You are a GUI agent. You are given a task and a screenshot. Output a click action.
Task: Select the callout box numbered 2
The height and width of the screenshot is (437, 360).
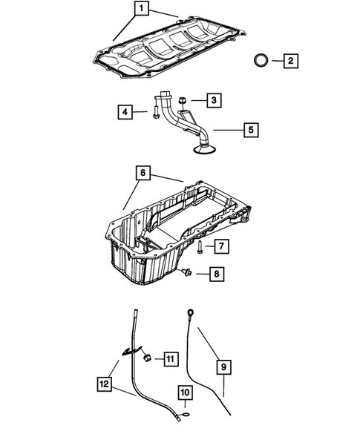[291, 60]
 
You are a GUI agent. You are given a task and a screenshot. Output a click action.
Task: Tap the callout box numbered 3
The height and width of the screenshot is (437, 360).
[213, 99]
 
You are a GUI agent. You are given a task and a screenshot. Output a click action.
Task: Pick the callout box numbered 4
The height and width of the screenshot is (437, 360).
[125, 112]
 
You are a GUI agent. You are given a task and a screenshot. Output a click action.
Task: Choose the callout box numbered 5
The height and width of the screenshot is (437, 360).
[251, 130]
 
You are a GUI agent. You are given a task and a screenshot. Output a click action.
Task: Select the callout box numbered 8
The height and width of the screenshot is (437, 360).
[216, 275]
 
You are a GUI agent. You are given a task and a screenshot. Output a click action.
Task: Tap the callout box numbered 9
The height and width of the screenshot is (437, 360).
[221, 366]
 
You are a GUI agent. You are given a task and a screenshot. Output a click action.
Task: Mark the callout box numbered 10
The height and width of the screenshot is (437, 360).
[186, 394]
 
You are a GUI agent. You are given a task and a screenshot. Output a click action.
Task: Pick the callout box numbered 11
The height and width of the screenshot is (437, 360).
[169, 359]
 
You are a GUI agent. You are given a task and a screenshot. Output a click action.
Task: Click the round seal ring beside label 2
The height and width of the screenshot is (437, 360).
[261, 60]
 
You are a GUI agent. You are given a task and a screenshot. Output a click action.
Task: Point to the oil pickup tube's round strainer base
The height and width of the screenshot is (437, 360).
[203, 151]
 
